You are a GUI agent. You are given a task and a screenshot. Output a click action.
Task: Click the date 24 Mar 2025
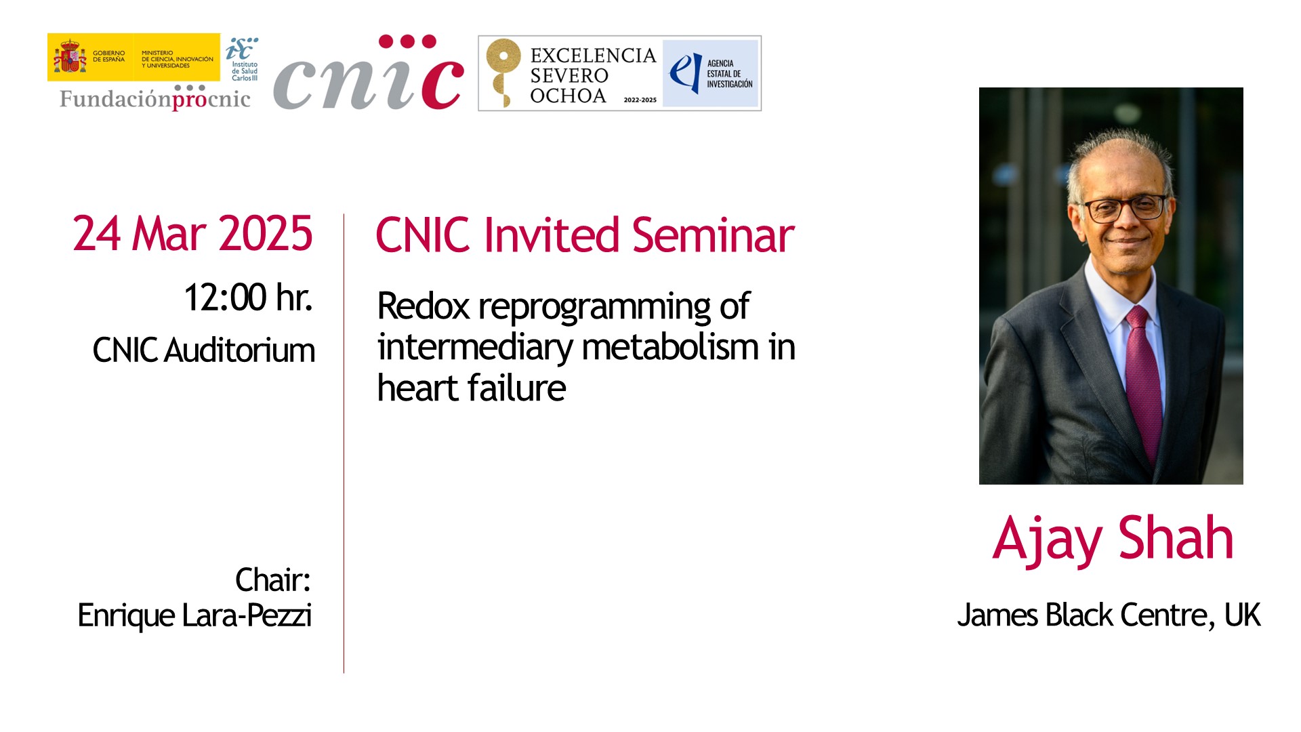(x=192, y=234)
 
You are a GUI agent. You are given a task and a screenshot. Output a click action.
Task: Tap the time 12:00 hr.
(x=248, y=297)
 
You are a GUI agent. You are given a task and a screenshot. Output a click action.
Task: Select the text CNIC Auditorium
(x=204, y=350)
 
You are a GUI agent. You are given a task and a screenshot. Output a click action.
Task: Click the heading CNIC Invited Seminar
(x=585, y=235)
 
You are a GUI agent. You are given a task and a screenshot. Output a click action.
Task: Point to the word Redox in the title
(x=424, y=306)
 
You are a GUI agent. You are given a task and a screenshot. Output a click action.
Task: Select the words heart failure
(x=472, y=388)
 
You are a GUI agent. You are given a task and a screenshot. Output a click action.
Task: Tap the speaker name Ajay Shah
(x=1113, y=539)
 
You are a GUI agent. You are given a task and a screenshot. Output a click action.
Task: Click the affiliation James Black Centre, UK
(x=1109, y=615)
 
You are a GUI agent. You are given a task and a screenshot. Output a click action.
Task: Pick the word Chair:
(x=273, y=580)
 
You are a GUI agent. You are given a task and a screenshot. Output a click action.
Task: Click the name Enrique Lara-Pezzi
(x=195, y=615)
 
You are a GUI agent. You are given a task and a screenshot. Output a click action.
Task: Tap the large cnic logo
(x=369, y=73)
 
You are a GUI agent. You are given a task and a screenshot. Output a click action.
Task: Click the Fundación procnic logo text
(x=155, y=98)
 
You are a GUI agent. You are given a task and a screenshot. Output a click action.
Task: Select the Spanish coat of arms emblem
(x=70, y=57)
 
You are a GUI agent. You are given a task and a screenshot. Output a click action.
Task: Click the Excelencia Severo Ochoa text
(x=593, y=75)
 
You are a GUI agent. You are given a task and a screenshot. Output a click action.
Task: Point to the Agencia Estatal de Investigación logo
(x=711, y=73)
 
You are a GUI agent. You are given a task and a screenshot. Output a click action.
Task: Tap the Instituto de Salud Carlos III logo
(x=242, y=58)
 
